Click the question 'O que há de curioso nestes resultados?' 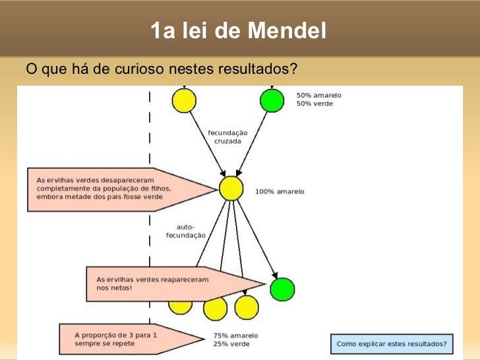[x=162, y=69]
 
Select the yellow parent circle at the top [x=184, y=100]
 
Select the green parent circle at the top [x=272, y=100]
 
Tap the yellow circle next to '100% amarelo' [x=231, y=189]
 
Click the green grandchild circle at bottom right [x=282, y=289]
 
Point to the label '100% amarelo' [x=280, y=192]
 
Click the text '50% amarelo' [x=318, y=95]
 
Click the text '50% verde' [x=315, y=104]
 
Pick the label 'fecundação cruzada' [x=227, y=136]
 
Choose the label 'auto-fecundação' [x=185, y=231]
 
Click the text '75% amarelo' [x=235, y=335]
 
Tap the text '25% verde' [x=231, y=344]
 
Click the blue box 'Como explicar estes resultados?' [x=392, y=344]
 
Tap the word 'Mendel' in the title [x=289, y=30]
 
